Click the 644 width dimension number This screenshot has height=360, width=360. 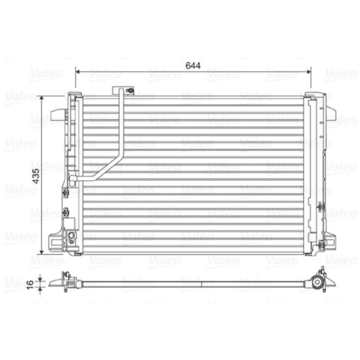(x=193, y=66)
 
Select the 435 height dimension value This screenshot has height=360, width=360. (x=36, y=176)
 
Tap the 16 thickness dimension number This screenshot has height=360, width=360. (x=30, y=285)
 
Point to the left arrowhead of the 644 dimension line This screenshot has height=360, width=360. (x=78, y=72)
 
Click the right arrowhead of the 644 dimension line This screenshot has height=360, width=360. (x=309, y=72)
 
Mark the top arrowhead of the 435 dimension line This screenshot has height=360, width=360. (x=41, y=98)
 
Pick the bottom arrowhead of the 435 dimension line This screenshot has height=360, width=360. (x=41, y=252)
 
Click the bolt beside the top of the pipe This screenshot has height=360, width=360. (x=130, y=90)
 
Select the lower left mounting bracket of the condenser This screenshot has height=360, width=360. (x=56, y=243)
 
